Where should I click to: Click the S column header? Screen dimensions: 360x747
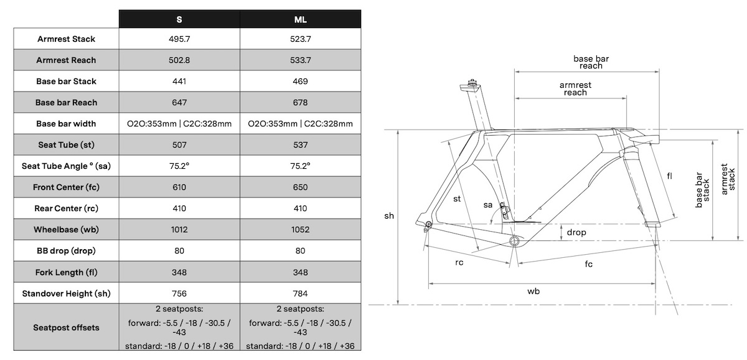[x=179, y=19]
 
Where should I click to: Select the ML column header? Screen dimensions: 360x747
[x=301, y=19]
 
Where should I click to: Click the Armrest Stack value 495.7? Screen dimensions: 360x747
[x=179, y=39]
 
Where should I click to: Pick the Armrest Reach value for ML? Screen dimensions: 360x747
[x=301, y=60]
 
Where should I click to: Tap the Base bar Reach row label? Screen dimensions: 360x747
[x=67, y=102]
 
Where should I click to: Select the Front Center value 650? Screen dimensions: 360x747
[x=301, y=187]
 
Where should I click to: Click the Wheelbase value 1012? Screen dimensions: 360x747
[x=179, y=229]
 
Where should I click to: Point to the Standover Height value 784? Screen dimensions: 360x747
[x=301, y=293]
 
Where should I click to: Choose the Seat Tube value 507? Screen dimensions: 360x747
[x=179, y=144]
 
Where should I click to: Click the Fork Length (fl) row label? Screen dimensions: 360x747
[x=67, y=272]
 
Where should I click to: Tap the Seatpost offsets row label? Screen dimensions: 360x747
[x=67, y=327]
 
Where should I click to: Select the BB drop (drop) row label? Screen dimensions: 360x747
[x=67, y=250]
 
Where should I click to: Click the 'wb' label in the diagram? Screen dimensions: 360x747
[x=533, y=291]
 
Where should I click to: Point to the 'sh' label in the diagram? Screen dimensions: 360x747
[x=389, y=216]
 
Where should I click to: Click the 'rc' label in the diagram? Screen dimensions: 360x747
[x=459, y=262]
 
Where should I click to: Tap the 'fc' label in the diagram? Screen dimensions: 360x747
[x=588, y=263]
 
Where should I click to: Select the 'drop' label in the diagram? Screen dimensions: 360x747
[x=577, y=232]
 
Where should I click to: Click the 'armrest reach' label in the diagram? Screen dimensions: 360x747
[x=575, y=88]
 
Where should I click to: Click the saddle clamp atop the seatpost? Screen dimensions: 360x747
[x=472, y=83]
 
